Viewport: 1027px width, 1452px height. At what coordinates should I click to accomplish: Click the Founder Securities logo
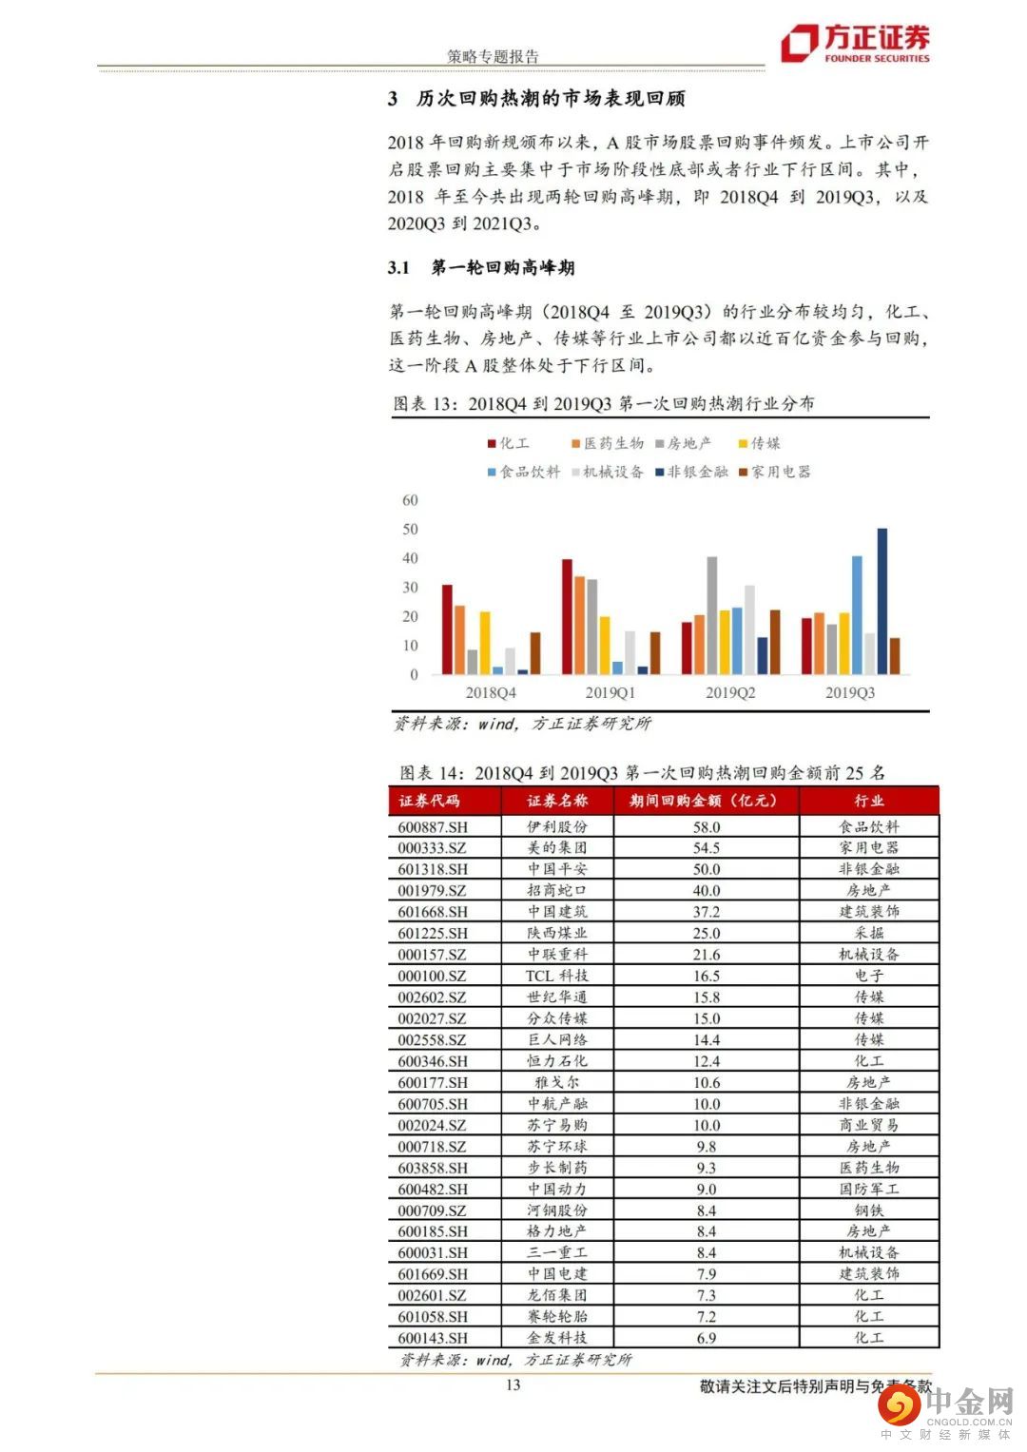tap(855, 43)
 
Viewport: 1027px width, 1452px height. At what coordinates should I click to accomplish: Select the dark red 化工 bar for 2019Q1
tap(567, 617)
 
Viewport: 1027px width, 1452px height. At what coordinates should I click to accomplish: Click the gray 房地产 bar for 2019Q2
tap(711, 615)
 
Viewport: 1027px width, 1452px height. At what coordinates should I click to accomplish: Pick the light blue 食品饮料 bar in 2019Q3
tap(857, 615)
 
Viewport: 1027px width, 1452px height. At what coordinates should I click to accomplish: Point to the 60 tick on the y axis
tap(410, 500)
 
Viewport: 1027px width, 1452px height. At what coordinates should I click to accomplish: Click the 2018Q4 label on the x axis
tap(491, 692)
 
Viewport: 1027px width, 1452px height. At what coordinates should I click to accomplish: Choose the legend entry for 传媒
tap(760, 443)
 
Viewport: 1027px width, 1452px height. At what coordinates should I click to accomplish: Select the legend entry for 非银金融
tap(691, 472)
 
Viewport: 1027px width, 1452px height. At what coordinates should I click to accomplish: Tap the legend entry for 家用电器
tap(775, 472)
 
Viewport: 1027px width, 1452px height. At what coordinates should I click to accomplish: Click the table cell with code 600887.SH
tap(433, 827)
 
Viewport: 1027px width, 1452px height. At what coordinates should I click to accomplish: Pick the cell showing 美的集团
tap(557, 848)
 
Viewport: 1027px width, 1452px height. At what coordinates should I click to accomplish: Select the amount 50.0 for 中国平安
tap(707, 869)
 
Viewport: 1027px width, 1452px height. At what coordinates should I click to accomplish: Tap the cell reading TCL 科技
tap(557, 976)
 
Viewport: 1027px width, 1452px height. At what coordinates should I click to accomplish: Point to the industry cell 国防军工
tap(868, 1189)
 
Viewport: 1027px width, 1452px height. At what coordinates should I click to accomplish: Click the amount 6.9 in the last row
tap(707, 1338)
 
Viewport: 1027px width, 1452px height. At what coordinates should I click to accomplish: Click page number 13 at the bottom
tap(513, 1384)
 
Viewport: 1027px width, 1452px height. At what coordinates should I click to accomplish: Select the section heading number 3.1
tap(398, 267)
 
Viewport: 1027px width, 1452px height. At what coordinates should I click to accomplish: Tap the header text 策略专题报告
tap(493, 56)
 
